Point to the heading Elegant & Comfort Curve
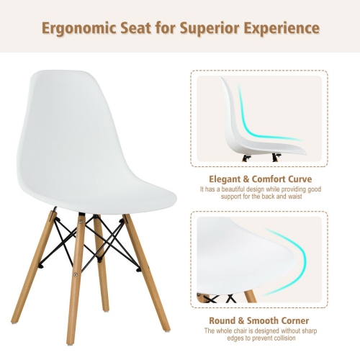261,179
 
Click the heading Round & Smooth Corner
261,320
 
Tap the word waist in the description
308,197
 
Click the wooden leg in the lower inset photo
249,296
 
